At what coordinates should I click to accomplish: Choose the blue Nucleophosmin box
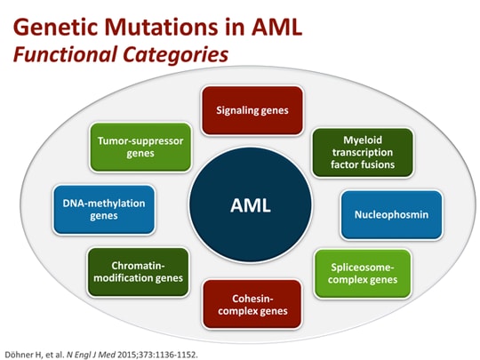[x=379, y=214]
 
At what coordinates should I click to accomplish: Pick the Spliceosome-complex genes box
[x=363, y=273]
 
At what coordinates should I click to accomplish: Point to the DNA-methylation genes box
[x=104, y=209]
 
